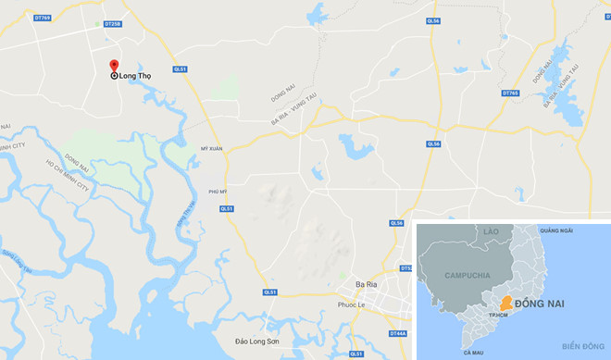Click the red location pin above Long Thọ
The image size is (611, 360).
tap(114, 66)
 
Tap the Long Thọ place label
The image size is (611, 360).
tap(135, 76)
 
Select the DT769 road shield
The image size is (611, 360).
tap(43, 18)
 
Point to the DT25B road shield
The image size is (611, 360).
tap(112, 23)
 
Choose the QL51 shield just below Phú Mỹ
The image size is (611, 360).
tap(227, 209)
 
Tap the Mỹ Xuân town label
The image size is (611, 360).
tap(212, 147)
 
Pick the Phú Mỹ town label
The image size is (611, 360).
tap(218, 192)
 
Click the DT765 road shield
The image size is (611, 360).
tap(510, 93)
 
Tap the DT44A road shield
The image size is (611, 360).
tap(399, 333)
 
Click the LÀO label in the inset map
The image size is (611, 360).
tap(490, 230)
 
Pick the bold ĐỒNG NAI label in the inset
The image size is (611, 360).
tap(553, 304)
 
